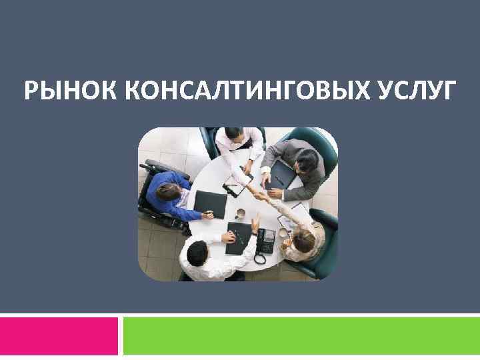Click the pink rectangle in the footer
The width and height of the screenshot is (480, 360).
[x=59, y=336]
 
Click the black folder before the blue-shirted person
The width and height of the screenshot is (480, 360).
[x=209, y=202]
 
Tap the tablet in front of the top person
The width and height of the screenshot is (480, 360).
[x=238, y=180]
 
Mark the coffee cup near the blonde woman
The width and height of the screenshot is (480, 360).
[x=283, y=233]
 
